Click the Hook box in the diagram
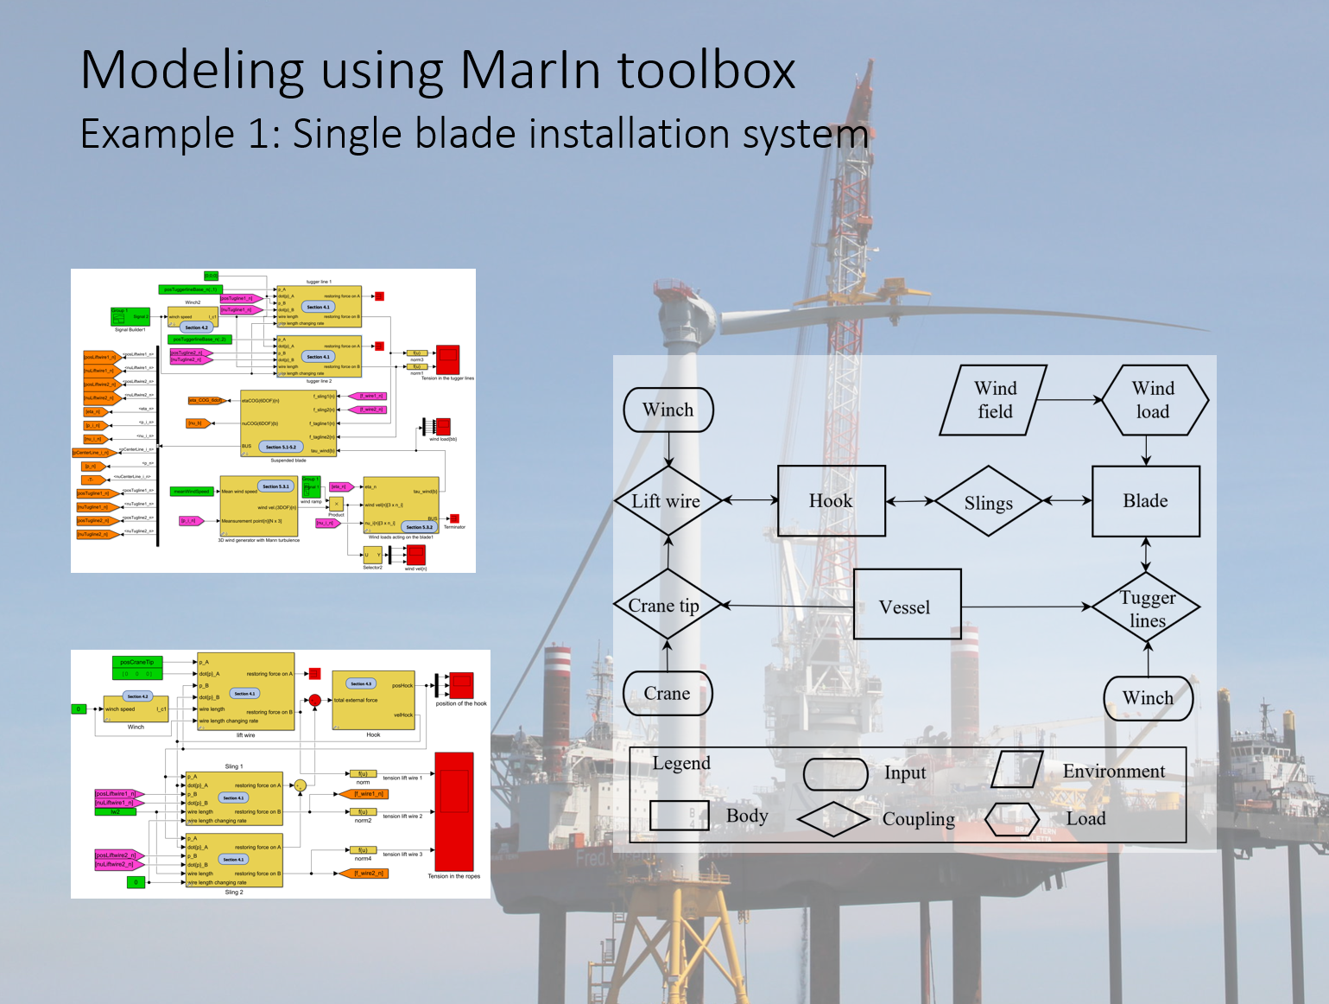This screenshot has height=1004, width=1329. [x=831, y=501]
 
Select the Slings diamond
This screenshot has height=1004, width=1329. [x=988, y=502]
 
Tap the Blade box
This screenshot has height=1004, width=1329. [x=1145, y=501]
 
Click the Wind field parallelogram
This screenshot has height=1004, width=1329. [x=994, y=400]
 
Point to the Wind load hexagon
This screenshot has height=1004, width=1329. [x=1152, y=400]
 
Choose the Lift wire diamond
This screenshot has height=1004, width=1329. [x=668, y=501]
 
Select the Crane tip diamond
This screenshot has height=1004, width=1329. [x=666, y=605]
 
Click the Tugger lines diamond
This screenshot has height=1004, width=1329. [x=1147, y=607]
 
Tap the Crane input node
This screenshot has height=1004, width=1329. [x=668, y=693]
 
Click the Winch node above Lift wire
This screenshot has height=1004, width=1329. [x=668, y=410]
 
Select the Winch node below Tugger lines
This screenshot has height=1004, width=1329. [x=1148, y=698]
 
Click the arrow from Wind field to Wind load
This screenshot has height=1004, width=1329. [x=1070, y=399]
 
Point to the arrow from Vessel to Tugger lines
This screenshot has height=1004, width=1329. [x=1027, y=607]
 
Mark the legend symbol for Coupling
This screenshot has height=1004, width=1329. [x=832, y=819]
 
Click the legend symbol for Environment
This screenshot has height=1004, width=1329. [x=1017, y=769]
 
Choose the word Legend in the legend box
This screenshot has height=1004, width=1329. [x=681, y=764]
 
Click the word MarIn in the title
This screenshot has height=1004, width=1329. [x=530, y=70]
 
